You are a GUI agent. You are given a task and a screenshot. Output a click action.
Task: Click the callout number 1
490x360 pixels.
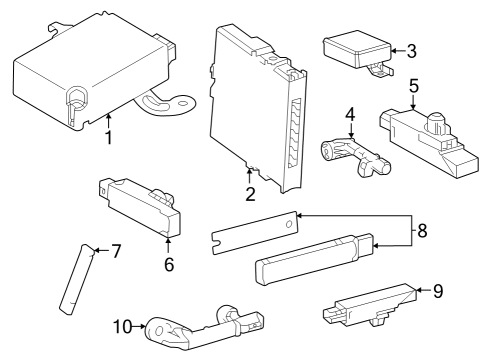coord(107,137)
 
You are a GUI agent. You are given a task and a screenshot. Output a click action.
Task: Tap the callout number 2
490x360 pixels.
coord(250,193)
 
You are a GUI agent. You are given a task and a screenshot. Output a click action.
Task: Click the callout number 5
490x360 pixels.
coord(413,86)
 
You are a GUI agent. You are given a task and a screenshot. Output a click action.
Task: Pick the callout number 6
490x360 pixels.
coord(168,265)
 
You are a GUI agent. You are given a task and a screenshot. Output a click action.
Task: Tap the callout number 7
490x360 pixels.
coord(116,250)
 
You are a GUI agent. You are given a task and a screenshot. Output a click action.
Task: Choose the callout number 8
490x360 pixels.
coord(421,230)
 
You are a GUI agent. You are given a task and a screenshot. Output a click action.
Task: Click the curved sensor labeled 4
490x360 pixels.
coord(350,154)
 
